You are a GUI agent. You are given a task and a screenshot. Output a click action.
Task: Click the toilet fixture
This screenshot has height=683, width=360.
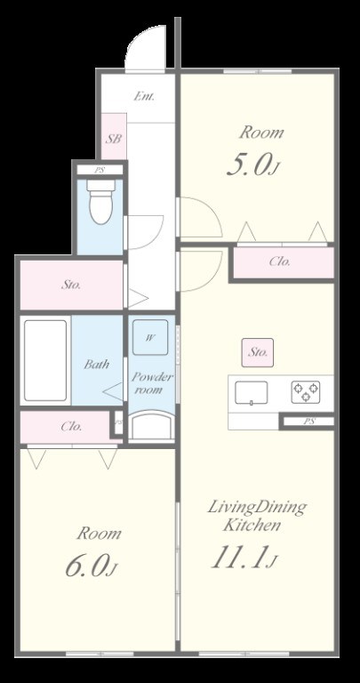(100, 201)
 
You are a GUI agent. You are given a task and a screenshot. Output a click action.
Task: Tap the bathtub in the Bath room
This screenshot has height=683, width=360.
(45, 361)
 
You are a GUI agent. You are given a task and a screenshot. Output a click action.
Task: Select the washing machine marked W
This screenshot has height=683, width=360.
(150, 338)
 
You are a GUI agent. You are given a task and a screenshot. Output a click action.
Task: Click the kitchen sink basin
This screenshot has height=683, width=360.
(252, 392)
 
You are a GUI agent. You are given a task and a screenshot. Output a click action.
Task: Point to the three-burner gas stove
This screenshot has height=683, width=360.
(306, 391)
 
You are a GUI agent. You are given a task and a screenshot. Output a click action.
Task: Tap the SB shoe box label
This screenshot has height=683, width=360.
(114, 139)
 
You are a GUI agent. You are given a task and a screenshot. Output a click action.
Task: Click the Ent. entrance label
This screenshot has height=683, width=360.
(144, 96)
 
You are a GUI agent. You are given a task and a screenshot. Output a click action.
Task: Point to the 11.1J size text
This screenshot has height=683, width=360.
(244, 558)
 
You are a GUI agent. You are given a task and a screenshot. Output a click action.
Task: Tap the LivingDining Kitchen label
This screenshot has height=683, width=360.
(257, 516)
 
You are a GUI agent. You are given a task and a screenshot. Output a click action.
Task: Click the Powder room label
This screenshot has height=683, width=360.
(152, 383)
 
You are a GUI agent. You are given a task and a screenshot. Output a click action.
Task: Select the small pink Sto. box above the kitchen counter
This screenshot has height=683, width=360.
(258, 352)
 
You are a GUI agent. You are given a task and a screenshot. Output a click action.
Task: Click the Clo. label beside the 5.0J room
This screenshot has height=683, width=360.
(279, 261)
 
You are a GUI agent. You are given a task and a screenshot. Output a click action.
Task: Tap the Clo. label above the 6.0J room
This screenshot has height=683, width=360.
(71, 427)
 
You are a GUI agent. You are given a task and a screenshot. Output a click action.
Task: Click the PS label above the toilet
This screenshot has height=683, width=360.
(100, 171)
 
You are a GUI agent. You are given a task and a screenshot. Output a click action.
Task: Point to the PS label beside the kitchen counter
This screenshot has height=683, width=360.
(309, 422)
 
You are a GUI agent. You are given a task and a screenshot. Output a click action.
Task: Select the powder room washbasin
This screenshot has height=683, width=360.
(151, 427)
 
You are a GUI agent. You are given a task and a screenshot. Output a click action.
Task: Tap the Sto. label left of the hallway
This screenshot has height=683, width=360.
(71, 285)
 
